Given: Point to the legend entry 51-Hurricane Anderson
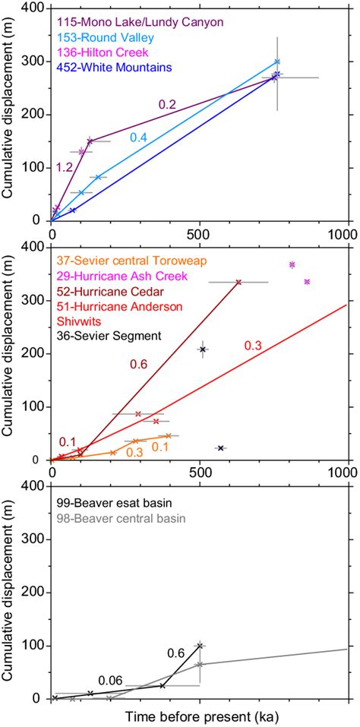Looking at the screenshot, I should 119,306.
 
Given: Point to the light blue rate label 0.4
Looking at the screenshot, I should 138,137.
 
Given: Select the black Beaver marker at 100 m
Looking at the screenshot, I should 200,646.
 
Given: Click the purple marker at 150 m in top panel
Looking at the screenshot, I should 90,141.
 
